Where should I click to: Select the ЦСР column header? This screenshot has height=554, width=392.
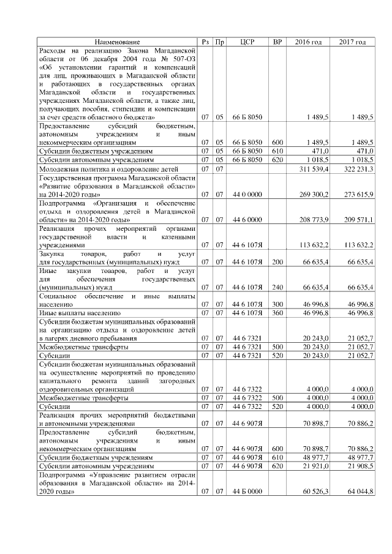coord(247,42)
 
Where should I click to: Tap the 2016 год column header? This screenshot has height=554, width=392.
coord(308,42)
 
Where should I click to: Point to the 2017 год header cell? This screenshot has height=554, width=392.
coord(353,42)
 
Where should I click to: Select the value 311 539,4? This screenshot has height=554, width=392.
coord(312,168)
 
